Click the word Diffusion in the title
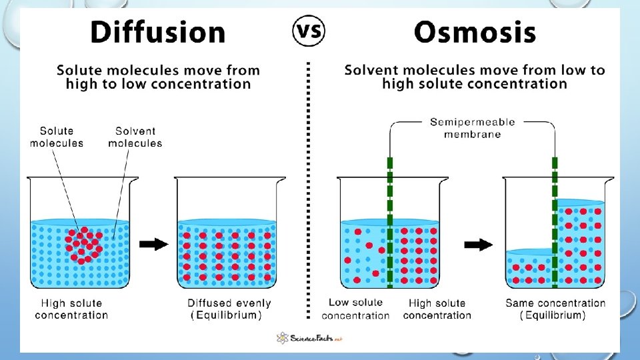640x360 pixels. coord(158,32)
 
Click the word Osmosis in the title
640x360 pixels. coord(475,32)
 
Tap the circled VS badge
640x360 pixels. coord(309,31)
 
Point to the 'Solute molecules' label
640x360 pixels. coord(57,137)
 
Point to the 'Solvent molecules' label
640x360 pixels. coord(135,137)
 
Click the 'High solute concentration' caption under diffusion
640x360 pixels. coord(71,309)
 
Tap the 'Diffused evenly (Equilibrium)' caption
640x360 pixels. coord(229,309)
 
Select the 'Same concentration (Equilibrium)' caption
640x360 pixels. coord(555,309)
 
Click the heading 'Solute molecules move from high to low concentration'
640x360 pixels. coord(158,77)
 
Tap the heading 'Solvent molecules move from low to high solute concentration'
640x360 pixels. coord(475,77)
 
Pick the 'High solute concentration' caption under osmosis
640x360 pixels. coord(437,309)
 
